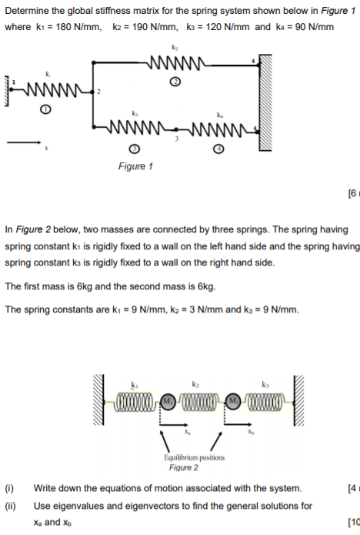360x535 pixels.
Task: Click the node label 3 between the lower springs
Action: coord(176,139)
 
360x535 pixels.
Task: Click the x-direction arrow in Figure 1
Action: coord(24,142)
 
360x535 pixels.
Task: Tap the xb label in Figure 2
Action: coord(251,432)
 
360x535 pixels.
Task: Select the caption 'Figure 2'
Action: coord(184,467)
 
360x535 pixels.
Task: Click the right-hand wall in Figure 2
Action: coord(298,400)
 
